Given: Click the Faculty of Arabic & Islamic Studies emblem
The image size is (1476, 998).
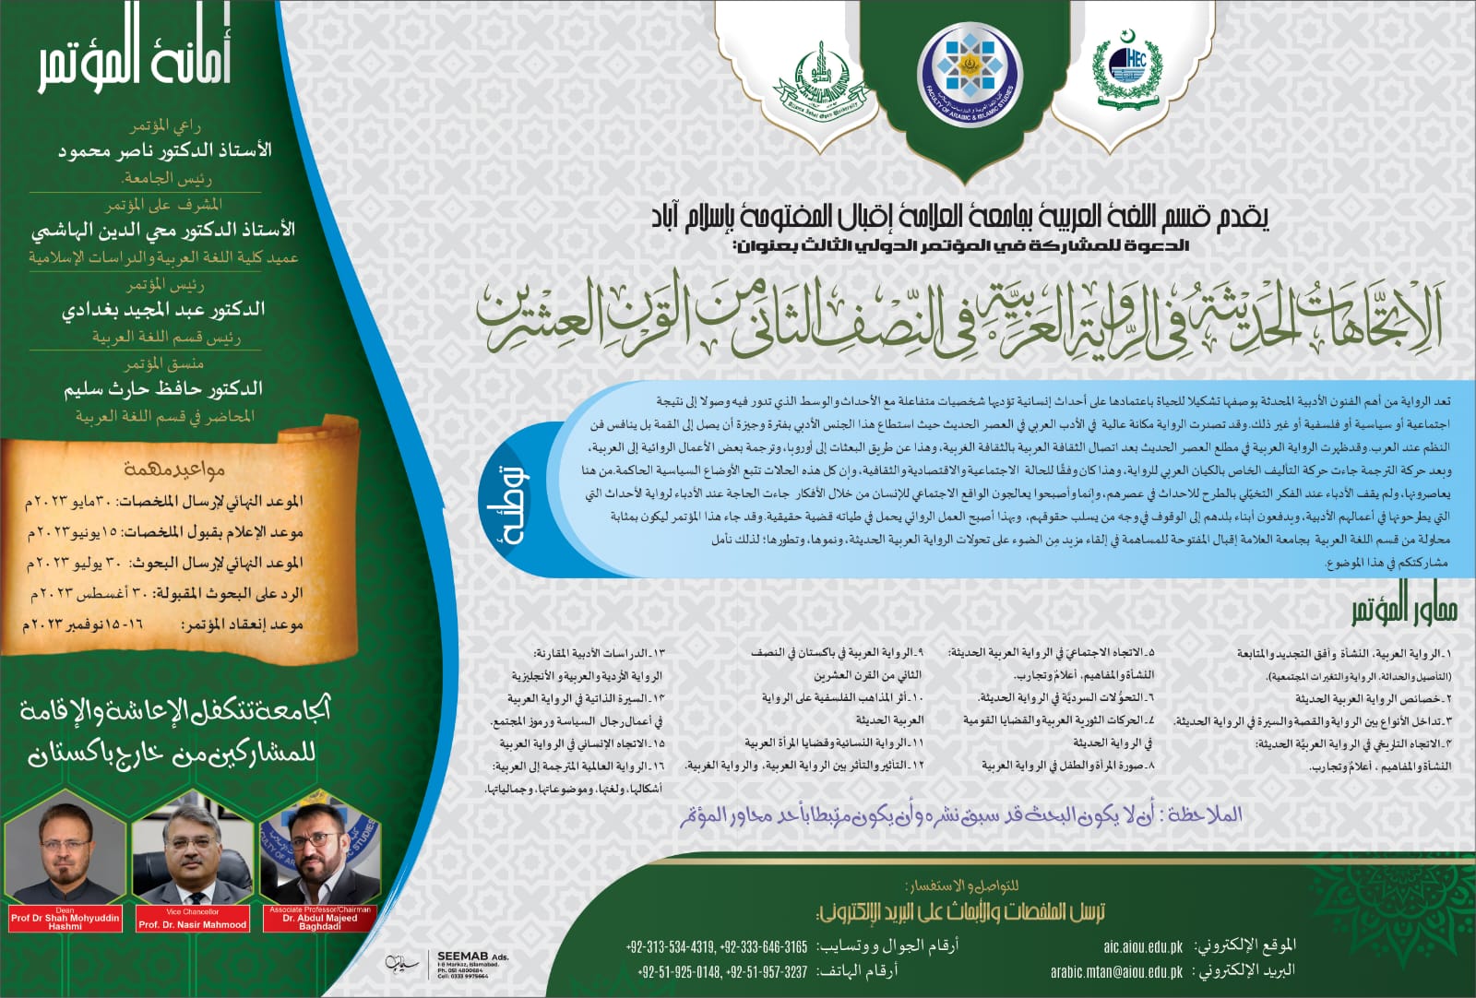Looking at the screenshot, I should pyautogui.click(x=968, y=72).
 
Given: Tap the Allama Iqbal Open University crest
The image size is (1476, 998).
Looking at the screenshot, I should pyautogui.click(x=815, y=82).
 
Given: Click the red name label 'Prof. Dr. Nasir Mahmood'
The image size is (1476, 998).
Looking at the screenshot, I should pyautogui.click(x=193, y=923).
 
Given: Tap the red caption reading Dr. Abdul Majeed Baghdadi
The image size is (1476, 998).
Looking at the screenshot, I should pyautogui.click(x=319, y=922).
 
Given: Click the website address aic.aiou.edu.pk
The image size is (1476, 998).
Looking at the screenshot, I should pyautogui.click(x=1143, y=946).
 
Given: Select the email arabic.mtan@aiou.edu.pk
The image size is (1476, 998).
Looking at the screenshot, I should pyautogui.click(x=1116, y=971).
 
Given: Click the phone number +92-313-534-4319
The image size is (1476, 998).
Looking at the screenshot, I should pyautogui.click(x=671, y=946).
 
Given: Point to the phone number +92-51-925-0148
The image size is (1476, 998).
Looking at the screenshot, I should pyautogui.click(x=678, y=971).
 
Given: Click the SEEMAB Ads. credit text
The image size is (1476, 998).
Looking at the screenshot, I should pyautogui.click(x=472, y=957).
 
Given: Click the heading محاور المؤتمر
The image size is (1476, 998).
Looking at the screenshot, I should pyautogui.click(x=1403, y=609).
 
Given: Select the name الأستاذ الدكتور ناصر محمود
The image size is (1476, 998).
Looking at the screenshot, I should pyautogui.click(x=164, y=149).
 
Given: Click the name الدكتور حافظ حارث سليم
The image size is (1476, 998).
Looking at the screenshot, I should pyautogui.click(x=163, y=388).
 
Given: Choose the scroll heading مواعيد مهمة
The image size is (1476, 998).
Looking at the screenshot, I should pyautogui.click(x=174, y=469).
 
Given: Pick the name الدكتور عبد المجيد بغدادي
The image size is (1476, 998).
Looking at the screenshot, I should pyautogui.click(x=163, y=309).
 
